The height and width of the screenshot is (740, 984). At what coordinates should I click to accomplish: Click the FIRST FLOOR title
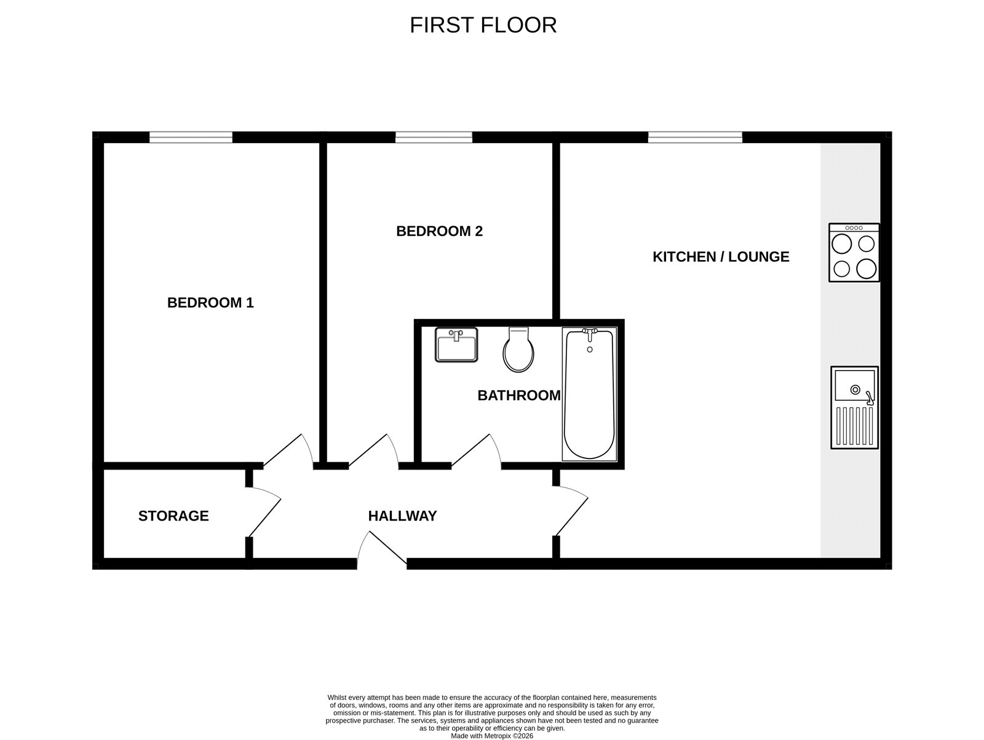click(483, 25)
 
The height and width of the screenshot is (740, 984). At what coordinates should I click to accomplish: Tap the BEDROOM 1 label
click(210, 302)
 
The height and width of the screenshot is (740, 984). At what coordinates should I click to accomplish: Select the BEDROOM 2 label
click(439, 231)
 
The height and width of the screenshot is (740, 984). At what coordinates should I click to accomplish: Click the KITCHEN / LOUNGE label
click(721, 256)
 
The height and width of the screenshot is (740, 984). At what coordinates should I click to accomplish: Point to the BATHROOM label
click(519, 395)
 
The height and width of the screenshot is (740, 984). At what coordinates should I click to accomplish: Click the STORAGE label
click(173, 516)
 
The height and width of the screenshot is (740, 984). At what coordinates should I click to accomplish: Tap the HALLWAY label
click(402, 516)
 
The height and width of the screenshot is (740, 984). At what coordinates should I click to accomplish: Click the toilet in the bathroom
click(518, 350)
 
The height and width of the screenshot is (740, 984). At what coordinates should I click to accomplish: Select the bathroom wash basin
click(456, 345)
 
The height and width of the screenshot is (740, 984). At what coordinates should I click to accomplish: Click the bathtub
click(589, 394)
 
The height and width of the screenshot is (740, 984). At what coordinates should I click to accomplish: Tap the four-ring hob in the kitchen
click(854, 253)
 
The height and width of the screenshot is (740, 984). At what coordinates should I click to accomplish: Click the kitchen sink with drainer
click(854, 407)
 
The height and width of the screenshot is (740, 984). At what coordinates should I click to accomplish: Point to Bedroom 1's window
click(191, 138)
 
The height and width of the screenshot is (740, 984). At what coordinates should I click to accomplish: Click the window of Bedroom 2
click(434, 138)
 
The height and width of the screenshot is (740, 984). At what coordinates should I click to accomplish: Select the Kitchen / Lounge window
click(695, 138)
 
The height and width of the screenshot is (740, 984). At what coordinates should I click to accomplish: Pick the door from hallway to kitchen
click(571, 510)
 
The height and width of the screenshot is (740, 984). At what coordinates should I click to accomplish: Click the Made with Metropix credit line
click(492, 736)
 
